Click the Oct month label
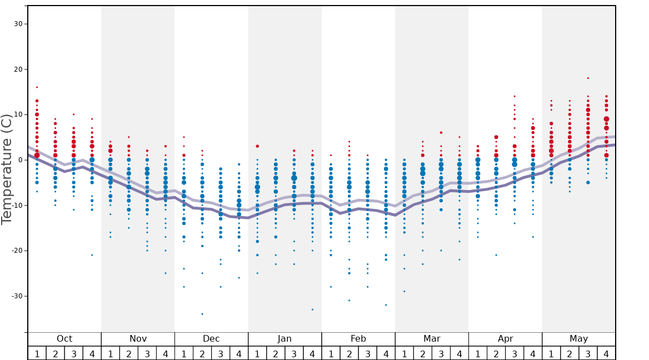pyautogui.click(x=64, y=339)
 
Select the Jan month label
pyautogui.click(x=284, y=339)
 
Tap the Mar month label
pyautogui.click(x=432, y=339)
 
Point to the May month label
pyautogui.click(x=578, y=339)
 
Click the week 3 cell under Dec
pyautogui.click(x=221, y=353)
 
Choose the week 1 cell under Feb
pyautogui.click(x=331, y=353)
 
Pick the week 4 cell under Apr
pyautogui.click(x=533, y=353)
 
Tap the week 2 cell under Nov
pyautogui.click(x=129, y=353)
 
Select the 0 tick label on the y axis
pyautogui.click(x=20, y=160)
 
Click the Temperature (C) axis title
pyautogui.click(x=7, y=169)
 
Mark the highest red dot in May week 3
pyautogui.click(x=588, y=78)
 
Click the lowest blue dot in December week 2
pyautogui.click(x=202, y=314)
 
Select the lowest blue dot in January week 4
pyautogui.click(x=312, y=309)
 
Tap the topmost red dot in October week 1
pyautogui.click(x=37, y=87)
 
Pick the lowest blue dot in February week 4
pyautogui.click(x=386, y=305)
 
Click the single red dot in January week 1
pyautogui.click(x=257, y=146)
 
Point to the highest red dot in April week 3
pyautogui.click(x=515, y=96)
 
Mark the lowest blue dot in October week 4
pyautogui.click(x=92, y=255)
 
